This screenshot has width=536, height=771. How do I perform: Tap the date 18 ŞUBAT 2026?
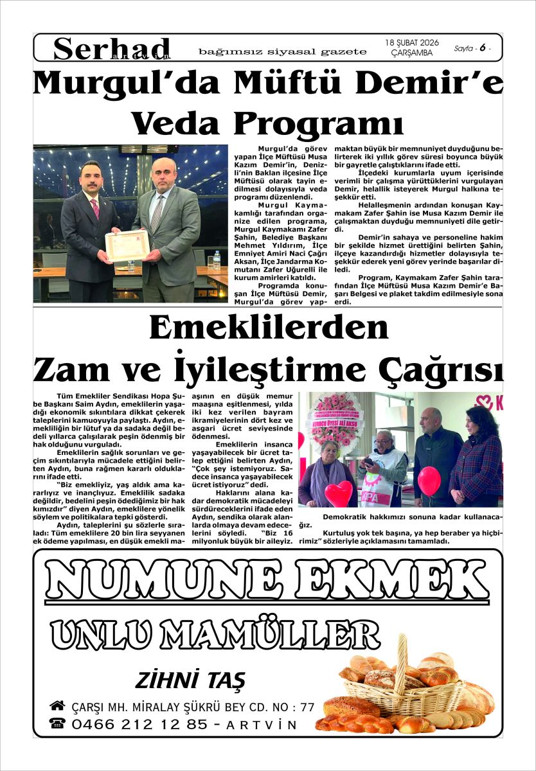pyautogui.click(x=411, y=42)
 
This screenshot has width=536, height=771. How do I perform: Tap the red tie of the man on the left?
pyautogui.click(x=95, y=208)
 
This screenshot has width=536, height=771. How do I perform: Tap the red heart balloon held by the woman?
pyautogui.click(x=338, y=493)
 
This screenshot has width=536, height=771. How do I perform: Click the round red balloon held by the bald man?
pyautogui.click(x=429, y=480)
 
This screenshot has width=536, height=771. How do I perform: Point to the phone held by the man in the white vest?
pyautogui.click(x=370, y=462)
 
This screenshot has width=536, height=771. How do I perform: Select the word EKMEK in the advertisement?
pyautogui.click(x=388, y=581)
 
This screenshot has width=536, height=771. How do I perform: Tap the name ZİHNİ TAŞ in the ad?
pyautogui.click(x=190, y=680)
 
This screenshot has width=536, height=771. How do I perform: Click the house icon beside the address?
pyautogui.click(x=57, y=706)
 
